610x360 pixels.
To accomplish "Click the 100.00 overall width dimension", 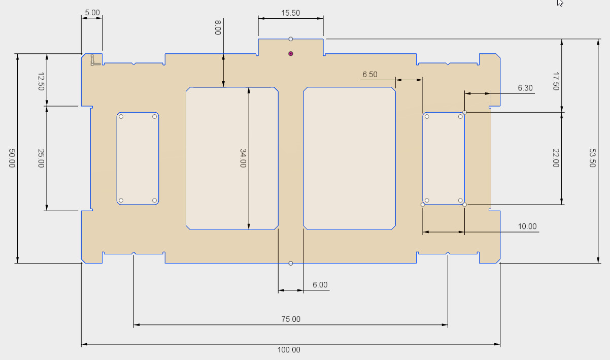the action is (x=289, y=350).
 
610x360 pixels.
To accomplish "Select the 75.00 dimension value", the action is (x=291, y=319).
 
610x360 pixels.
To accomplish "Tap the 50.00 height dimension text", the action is (x=12, y=158).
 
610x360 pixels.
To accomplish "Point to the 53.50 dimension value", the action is (x=592, y=158).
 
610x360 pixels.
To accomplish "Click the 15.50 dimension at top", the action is (x=291, y=13).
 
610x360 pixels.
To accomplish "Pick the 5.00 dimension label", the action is (x=92, y=13).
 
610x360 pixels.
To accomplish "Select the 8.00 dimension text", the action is (x=218, y=27).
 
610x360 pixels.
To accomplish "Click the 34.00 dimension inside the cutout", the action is (x=243, y=158).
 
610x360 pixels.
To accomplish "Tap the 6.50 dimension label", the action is (x=370, y=75).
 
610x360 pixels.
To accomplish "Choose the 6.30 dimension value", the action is (x=525, y=88).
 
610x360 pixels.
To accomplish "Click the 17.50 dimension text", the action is (x=556, y=81).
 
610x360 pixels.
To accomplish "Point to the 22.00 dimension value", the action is (x=556, y=158).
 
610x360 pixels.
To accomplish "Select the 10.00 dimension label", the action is (x=527, y=226).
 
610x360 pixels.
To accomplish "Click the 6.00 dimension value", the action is (x=320, y=285).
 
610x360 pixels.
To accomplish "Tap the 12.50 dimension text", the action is (x=41, y=81).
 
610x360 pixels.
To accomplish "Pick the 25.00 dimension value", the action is (x=41, y=158).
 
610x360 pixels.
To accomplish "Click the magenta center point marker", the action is (x=291, y=54).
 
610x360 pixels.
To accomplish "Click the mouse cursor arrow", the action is (x=560, y=3).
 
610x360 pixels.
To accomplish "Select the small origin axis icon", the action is (x=95, y=60).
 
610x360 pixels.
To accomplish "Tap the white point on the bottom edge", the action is (x=291, y=263).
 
